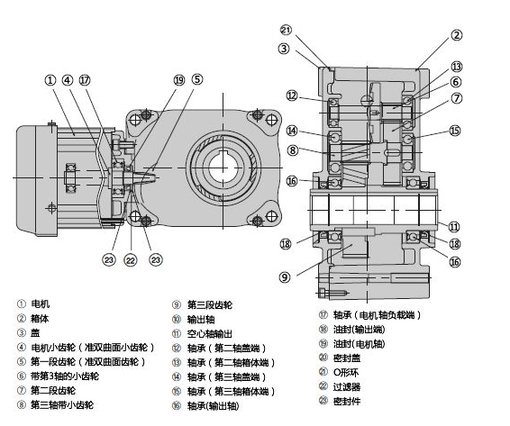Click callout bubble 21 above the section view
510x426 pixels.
pos(286,30)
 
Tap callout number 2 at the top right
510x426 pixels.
pos(456,35)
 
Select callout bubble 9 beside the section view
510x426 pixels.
pos(285,277)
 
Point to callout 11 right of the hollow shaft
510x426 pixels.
pos(454,227)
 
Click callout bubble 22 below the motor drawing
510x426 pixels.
pos(131,260)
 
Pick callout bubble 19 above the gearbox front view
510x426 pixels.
pos(179,80)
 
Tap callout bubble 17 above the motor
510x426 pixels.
pos(85,80)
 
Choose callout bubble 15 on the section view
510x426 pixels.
pos(455,131)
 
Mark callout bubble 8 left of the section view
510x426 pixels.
pos(293,150)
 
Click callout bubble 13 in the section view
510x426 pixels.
pos(456,67)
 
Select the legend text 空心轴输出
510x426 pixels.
pos(209,334)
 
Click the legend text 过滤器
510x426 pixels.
pos(347,387)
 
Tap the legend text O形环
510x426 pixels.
pos(346,372)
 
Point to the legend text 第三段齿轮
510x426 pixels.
pos(210,305)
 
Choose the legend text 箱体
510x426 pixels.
pos(40,318)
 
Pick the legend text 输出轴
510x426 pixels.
pos(201,320)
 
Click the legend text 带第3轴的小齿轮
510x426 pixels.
pos(65,376)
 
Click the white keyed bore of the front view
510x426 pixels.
pos(223,168)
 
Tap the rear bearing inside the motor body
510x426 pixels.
pos(70,178)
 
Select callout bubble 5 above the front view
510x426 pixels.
pos(197,79)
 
